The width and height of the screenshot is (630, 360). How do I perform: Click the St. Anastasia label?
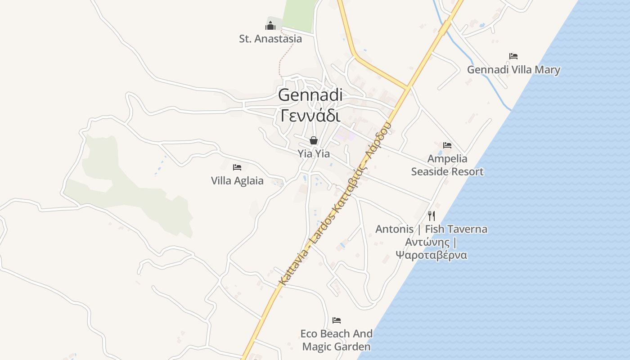(270, 39)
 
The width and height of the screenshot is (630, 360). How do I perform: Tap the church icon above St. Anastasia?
(270, 25)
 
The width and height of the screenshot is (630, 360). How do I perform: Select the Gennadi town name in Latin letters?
(310, 95)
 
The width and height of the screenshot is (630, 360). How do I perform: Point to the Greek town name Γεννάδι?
(310, 116)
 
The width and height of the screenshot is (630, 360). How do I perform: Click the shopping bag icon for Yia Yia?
(314, 140)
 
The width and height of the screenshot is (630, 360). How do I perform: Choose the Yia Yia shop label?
(314, 154)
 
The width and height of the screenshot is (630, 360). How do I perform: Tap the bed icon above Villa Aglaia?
(237, 167)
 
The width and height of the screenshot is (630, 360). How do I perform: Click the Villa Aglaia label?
(237, 181)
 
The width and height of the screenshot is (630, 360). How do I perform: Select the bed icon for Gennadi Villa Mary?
(513, 56)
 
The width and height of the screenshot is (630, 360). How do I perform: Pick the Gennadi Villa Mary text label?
(513, 70)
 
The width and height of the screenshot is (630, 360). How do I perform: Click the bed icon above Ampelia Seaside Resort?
(447, 145)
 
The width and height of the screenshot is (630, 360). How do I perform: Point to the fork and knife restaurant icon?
(432, 216)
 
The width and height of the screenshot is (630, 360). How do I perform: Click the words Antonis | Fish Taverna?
(432, 229)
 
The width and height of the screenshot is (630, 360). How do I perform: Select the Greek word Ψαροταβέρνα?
(432, 255)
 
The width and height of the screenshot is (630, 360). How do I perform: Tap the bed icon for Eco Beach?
(337, 320)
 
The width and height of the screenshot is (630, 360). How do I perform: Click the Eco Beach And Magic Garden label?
(337, 340)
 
